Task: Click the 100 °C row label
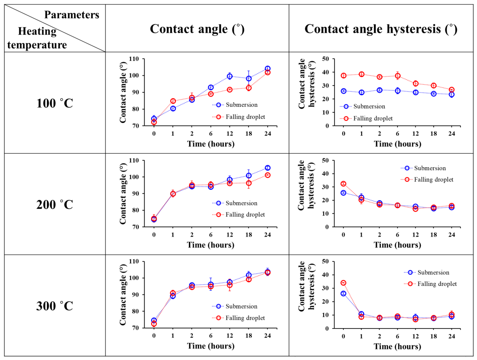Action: [55, 103]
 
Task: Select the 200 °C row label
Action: [55, 205]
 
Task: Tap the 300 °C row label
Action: [55, 306]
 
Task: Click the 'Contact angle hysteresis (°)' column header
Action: [381, 29]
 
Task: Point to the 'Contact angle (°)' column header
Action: [197, 29]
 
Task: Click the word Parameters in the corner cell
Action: [72, 14]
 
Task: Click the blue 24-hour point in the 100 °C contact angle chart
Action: [267, 69]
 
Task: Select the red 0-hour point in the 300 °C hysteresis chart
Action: [343, 283]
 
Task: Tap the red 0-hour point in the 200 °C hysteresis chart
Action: [343, 184]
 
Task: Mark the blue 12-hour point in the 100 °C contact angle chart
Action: [230, 76]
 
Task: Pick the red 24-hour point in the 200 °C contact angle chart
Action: [267, 175]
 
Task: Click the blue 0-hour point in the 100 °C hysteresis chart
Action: [343, 91]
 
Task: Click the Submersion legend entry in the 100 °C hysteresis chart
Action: [363, 106]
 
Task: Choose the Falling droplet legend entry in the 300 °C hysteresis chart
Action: [431, 284]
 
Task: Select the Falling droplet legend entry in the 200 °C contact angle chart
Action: [238, 215]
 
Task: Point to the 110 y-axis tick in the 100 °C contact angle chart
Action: [134, 59]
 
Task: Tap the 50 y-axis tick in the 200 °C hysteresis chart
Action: [325, 160]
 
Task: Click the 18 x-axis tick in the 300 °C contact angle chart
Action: [248, 336]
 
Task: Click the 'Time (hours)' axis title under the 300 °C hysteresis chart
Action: [397, 346]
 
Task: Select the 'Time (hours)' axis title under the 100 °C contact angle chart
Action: [211, 144]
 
